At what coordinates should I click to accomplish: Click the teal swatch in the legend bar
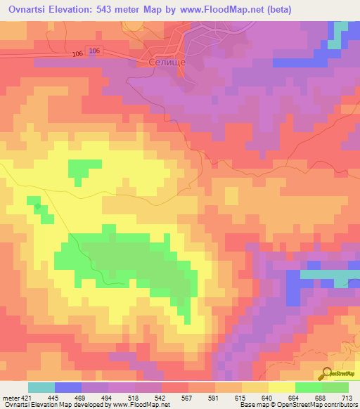point(41,387)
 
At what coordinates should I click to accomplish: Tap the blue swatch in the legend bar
point(67,387)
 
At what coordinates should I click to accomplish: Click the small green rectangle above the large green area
point(84,169)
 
